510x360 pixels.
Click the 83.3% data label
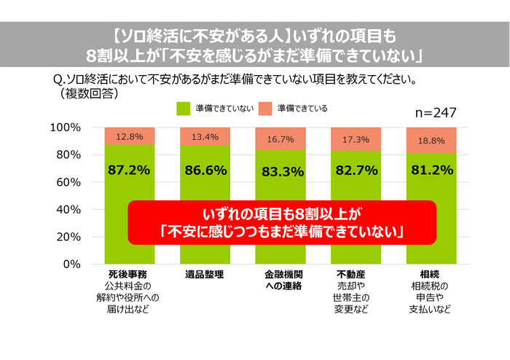280,171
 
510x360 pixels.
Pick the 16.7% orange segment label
280,138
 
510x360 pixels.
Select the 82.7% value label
356,171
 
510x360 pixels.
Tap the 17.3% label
356,138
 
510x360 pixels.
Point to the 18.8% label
431,140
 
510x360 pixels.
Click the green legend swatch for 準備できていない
182,109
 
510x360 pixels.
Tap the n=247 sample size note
435,113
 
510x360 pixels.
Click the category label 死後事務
128,275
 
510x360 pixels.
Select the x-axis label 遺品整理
205,275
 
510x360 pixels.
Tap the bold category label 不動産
356,275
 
